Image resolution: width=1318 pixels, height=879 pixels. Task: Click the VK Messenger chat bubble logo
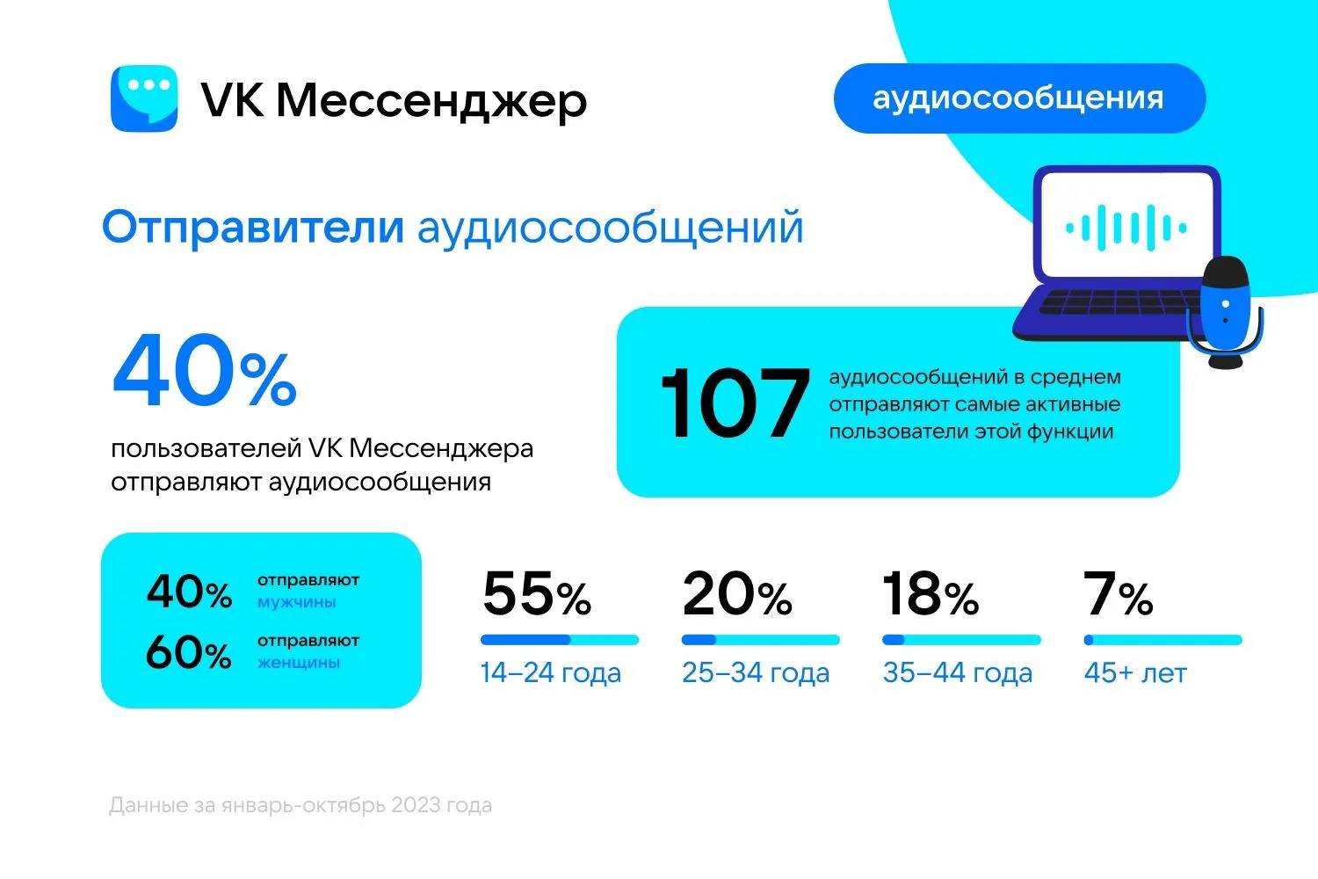(x=144, y=98)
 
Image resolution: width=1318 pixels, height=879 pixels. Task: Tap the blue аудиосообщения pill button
(x=1018, y=98)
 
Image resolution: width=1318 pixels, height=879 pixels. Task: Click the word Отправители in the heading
(x=253, y=227)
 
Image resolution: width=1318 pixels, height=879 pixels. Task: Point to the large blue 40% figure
(x=204, y=372)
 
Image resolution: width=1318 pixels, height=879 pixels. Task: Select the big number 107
(x=734, y=403)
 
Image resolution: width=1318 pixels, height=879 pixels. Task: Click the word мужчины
(x=297, y=603)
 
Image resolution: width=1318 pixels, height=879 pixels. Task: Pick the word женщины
(x=299, y=663)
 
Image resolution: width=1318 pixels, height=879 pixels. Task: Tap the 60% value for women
(x=189, y=653)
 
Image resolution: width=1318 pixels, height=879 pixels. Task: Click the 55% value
(x=537, y=594)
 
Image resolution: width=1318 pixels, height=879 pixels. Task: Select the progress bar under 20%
(x=760, y=640)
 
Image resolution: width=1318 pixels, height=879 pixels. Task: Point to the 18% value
(x=931, y=594)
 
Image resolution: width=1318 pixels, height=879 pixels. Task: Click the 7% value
(x=1119, y=594)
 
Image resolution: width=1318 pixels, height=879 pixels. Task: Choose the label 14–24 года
(x=551, y=673)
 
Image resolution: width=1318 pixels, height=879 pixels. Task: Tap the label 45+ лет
(x=1135, y=673)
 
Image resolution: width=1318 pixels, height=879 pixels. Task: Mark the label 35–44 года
(x=958, y=673)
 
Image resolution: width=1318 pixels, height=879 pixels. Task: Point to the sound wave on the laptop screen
(x=1126, y=228)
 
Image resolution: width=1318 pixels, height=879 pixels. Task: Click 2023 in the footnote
(x=416, y=805)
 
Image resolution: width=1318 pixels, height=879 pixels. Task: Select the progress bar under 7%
(x=1162, y=640)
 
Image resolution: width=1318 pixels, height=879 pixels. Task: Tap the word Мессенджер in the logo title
(x=431, y=100)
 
